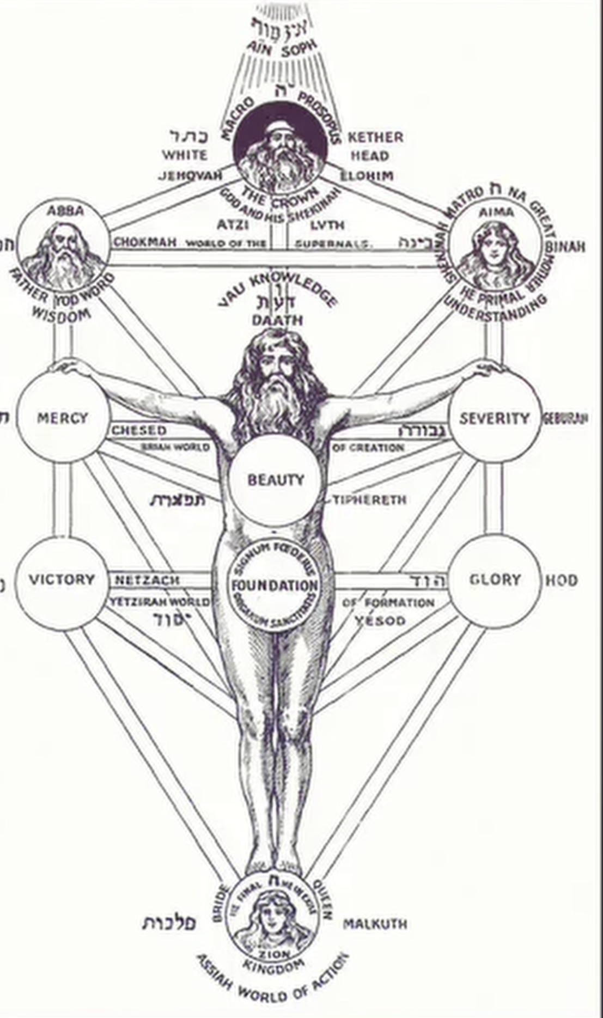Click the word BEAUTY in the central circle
(275, 480)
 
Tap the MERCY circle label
(62, 418)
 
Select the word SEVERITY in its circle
(494, 418)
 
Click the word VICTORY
(62, 579)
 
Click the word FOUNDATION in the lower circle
(275, 586)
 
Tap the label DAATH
(277, 320)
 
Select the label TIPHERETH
(370, 500)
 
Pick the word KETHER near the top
(375, 137)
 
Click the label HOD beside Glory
(561, 580)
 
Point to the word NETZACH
(147, 581)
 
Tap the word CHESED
(139, 430)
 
